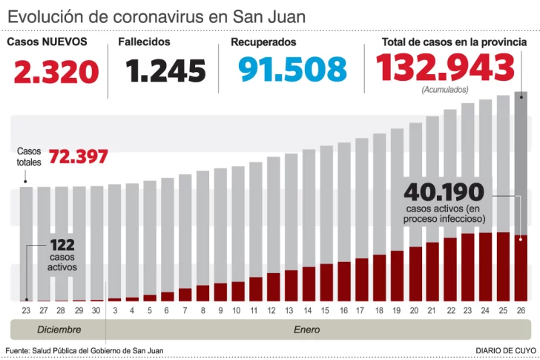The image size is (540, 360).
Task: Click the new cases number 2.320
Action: point(56,72)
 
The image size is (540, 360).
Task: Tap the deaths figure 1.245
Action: point(165,71)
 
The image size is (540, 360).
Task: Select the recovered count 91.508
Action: point(292,69)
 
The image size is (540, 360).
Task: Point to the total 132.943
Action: point(445,68)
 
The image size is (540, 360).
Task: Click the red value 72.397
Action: point(79,157)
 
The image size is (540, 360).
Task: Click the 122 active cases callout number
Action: point(62,245)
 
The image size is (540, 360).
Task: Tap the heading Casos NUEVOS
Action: point(47,42)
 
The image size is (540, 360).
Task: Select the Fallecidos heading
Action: point(144,42)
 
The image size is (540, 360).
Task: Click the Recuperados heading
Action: point(263,42)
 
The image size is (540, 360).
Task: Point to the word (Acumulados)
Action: point(445,89)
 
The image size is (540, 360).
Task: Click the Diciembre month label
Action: point(59,329)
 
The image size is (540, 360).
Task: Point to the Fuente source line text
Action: point(84,350)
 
